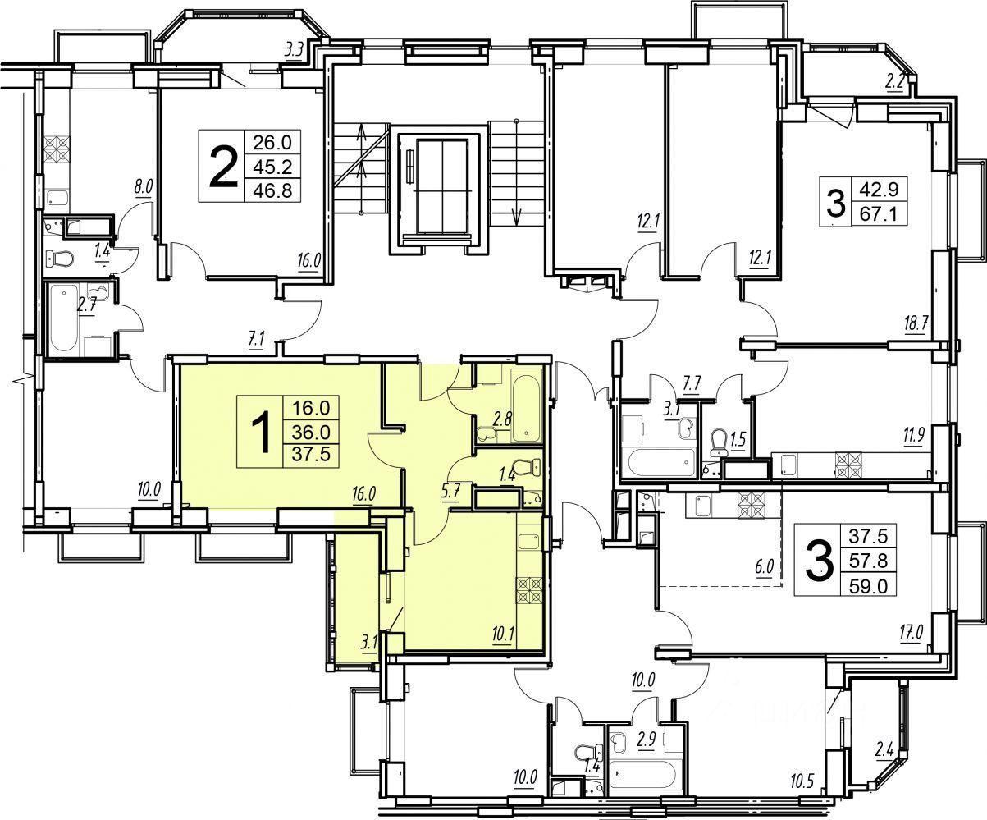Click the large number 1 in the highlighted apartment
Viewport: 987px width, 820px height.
pyautogui.click(x=260, y=432)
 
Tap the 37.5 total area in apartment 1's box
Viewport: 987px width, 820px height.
pyautogui.click(x=311, y=455)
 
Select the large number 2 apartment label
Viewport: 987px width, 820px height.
pyautogui.click(x=222, y=167)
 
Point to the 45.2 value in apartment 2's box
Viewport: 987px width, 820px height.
pyautogui.click(x=272, y=167)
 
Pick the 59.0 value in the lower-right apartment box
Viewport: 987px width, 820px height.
pyautogui.click(x=868, y=586)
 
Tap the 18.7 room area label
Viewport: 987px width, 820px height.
pyautogui.click(x=916, y=324)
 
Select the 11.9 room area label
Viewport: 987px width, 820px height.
pyautogui.click(x=914, y=434)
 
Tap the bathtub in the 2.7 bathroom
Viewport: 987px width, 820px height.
pyautogui.click(x=64, y=318)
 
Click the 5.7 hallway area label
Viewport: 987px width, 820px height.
pyautogui.click(x=450, y=492)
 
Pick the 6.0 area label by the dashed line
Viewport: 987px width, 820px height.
pyautogui.click(x=764, y=566)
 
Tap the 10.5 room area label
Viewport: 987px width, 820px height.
pyautogui.click(x=802, y=795)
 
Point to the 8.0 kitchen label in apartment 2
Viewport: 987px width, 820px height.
pyautogui.click(x=144, y=187)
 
